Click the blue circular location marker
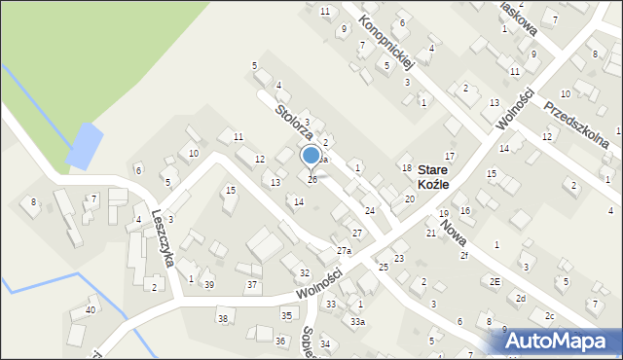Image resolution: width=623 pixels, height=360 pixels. [311, 156]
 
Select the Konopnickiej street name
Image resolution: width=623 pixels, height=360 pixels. [386, 42]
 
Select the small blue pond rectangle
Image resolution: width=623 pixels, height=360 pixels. [85, 145]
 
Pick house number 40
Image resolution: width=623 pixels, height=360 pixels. [91, 310]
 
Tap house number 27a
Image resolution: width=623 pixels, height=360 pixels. [344, 251]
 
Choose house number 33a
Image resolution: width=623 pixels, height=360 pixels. [358, 322]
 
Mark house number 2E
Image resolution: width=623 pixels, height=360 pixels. [495, 281]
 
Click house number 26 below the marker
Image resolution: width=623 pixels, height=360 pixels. [312, 180]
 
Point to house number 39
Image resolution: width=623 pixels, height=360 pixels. [208, 284]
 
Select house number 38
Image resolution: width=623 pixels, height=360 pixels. [222, 319]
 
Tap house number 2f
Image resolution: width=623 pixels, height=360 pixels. [464, 256]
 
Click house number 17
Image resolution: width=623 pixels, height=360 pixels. [449, 156]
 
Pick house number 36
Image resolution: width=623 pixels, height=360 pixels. [280, 341]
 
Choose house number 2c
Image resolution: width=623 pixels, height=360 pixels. [549, 315]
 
